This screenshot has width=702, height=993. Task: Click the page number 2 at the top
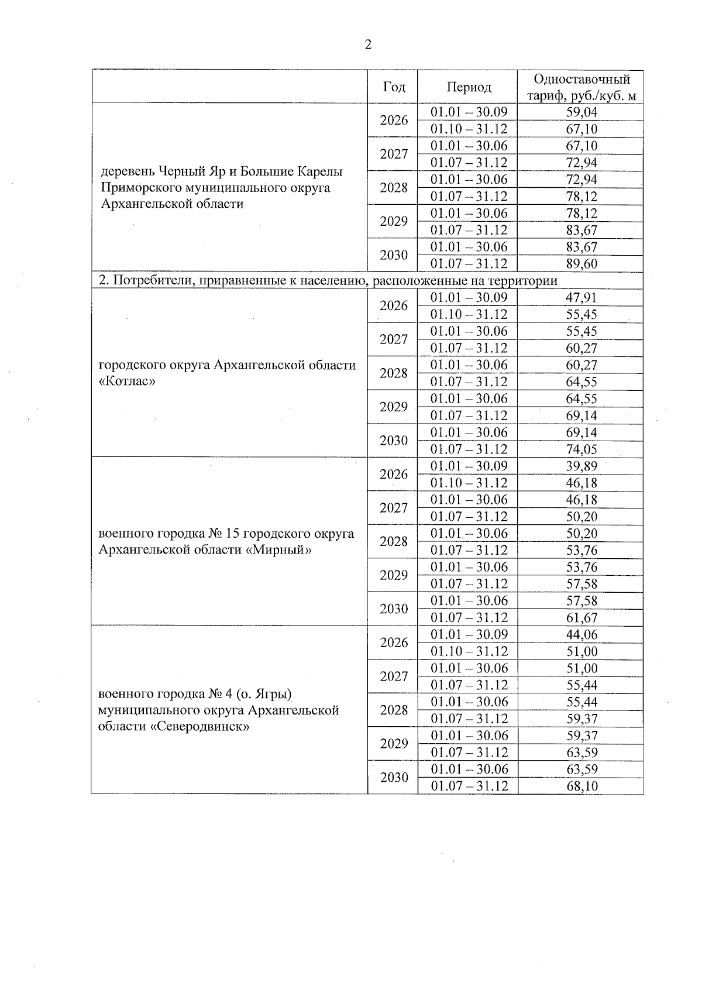tap(367, 45)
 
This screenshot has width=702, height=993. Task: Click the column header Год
tap(394, 87)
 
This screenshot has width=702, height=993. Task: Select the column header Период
tap(469, 87)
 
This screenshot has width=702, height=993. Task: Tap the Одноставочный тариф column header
tap(581, 87)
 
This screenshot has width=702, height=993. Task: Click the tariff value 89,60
tap(581, 264)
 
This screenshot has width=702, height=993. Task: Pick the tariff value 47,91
tap(581, 298)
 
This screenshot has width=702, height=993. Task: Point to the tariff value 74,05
tap(581, 449)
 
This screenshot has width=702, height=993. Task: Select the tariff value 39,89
tap(581, 466)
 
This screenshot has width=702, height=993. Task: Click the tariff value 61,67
tap(581, 618)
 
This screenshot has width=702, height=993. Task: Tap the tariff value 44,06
tap(581, 635)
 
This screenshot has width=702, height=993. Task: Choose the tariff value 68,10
tap(581, 786)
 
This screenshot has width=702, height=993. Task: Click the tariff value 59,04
tap(581, 112)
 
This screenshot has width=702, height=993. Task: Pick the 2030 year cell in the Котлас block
tap(394, 441)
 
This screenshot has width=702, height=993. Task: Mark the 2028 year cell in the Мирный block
tap(394, 541)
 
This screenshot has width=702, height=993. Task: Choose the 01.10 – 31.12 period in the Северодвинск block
tap(469, 652)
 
